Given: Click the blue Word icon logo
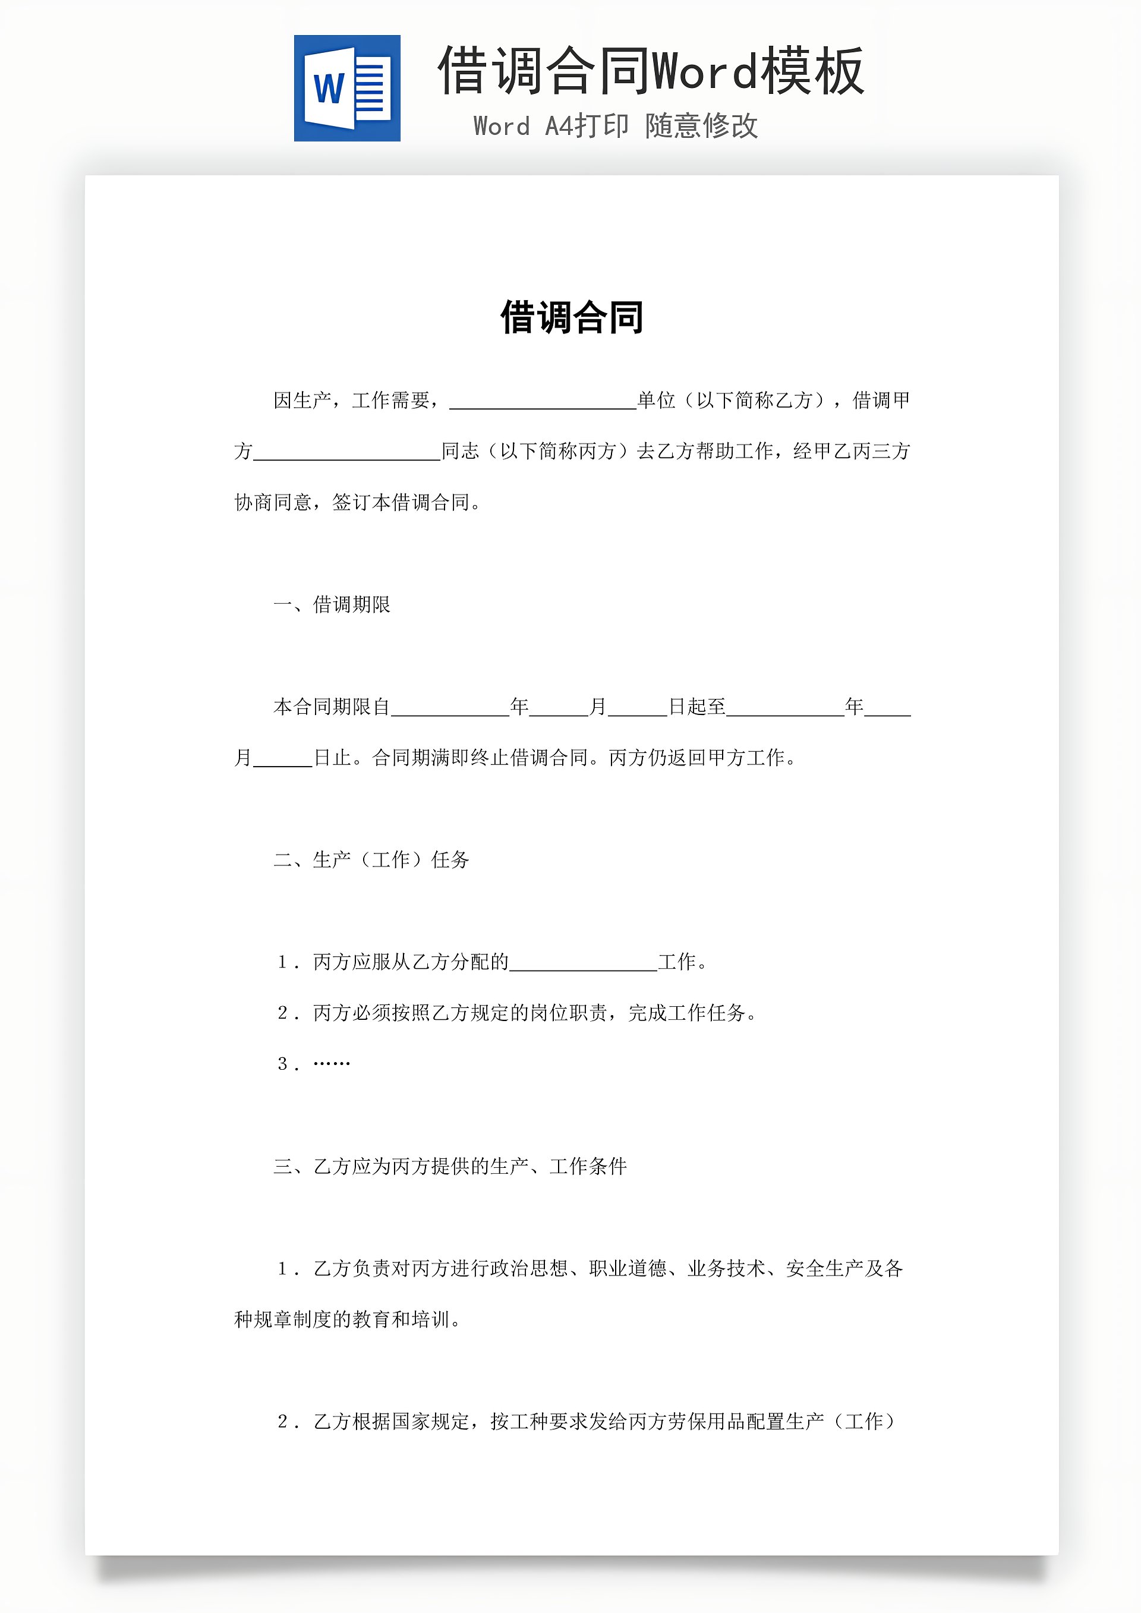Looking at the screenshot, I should [x=347, y=89].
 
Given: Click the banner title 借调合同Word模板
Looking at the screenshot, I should [x=650, y=71].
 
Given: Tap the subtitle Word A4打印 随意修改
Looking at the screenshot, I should [x=616, y=126].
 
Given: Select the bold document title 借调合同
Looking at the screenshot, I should [x=571, y=317].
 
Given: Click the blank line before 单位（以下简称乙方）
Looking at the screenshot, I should [x=543, y=402].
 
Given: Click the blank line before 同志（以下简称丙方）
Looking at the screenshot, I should [x=346, y=453].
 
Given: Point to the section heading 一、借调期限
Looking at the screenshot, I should [x=332, y=605].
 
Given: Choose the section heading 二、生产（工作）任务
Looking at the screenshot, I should [x=371, y=860].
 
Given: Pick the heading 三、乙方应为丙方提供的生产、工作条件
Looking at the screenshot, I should [x=450, y=1167].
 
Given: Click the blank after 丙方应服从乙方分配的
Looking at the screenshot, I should [x=583, y=964].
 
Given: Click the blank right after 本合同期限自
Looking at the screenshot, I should [x=450, y=709].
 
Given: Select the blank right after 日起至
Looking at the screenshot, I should [x=785, y=709].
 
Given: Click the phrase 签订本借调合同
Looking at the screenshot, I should [x=401, y=503].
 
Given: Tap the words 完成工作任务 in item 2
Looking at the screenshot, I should [x=686, y=1013].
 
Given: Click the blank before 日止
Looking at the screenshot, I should [x=282, y=760].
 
